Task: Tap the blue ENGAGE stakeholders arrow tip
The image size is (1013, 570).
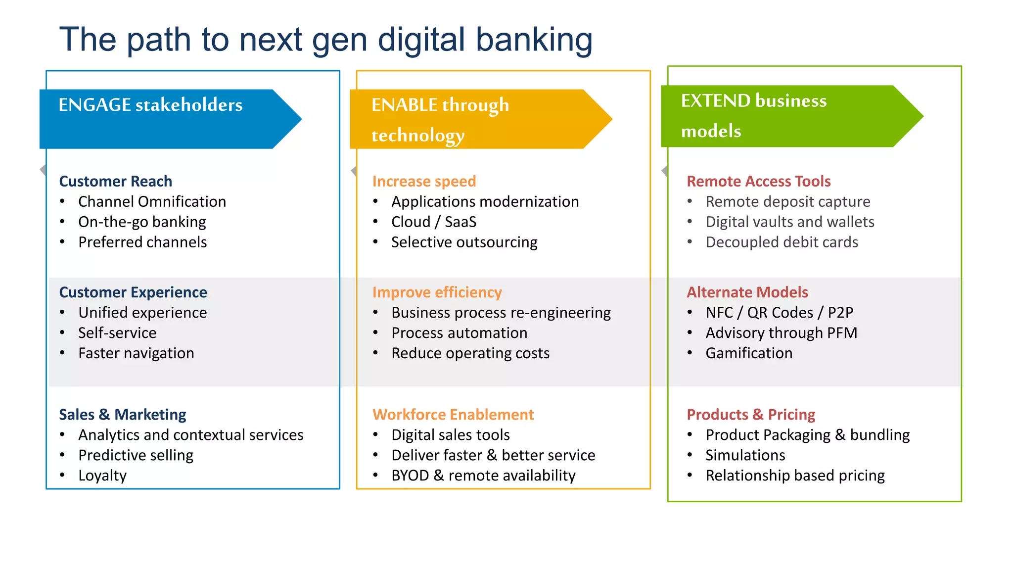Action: click(x=292, y=119)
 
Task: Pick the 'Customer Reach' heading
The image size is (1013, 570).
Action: click(x=115, y=181)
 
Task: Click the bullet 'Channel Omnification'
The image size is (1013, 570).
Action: click(x=152, y=201)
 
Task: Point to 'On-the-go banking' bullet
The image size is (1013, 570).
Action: click(x=142, y=222)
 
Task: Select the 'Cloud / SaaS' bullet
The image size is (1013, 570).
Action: click(x=433, y=222)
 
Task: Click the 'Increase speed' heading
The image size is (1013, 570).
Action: click(x=424, y=181)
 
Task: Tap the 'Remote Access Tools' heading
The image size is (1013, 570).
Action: click(x=758, y=181)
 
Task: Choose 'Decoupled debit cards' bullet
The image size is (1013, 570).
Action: click(x=782, y=242)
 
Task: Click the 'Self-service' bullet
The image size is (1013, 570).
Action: click(x=117, y=332)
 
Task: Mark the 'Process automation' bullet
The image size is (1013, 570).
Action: click(x=459, y=332)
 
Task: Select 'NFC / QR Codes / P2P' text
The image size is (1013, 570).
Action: click(x=779, y=312)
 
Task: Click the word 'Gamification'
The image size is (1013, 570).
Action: click(x=749, y=353)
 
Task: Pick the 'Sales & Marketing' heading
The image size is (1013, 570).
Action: click(x=122, y=414)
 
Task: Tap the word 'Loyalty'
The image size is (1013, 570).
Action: click(x=102, y=475)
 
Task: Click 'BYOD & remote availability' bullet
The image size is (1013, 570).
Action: click(x=483, y=475)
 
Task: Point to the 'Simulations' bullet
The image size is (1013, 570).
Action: click(x=745, y=455)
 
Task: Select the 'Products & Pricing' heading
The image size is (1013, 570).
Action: click(x=751, y=414)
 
